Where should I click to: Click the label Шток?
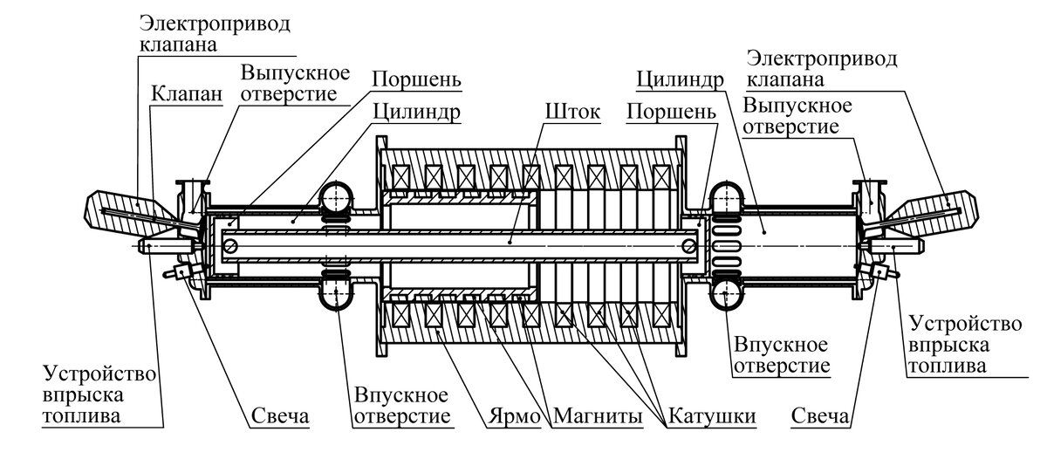(571, 113)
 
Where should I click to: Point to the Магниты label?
(599, 417)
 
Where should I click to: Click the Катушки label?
(711, 417)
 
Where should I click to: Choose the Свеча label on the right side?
(819, 417)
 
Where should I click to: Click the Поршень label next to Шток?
(671, 113)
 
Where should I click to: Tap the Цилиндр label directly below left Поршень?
(415, 113)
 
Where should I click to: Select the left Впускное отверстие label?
(401, 406)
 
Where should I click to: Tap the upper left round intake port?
(335, 200)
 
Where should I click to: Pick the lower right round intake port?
(726, 295)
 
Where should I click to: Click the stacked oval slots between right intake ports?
(726, 247)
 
